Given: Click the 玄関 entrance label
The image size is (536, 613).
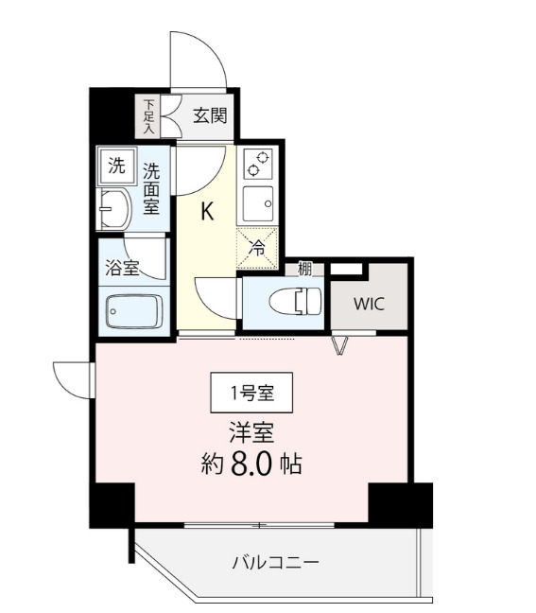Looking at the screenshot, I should [x=210, y=116].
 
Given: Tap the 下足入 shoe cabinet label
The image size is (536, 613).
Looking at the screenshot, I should [x=148, y=114].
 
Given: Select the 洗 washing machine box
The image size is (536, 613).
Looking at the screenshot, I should [x=115, y=167].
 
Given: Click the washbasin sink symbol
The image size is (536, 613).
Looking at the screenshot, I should [x=114, y=208].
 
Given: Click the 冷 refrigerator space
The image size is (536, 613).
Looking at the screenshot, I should [x=256, y=247].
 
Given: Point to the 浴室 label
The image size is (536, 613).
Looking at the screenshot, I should [x=122, y=268].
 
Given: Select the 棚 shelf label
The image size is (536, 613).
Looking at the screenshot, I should [x=304, y=269].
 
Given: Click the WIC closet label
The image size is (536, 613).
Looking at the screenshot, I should [x=369, y=304].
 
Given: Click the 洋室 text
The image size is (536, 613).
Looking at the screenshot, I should [x=251, y=432].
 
